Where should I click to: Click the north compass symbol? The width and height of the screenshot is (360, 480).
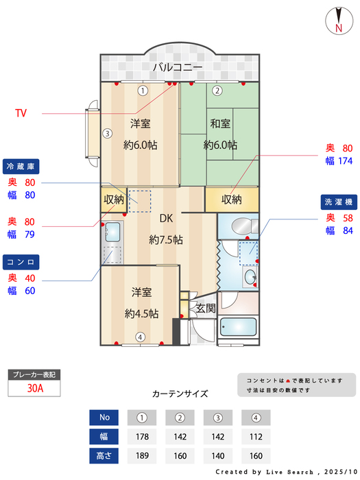click(338, 19)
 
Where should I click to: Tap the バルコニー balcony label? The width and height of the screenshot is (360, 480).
click(177, 67)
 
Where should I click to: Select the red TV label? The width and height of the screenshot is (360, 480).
click(21, 113)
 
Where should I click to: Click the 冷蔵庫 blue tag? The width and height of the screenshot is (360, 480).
click(21, 167)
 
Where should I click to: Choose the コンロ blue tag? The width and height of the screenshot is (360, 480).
click(21, 262)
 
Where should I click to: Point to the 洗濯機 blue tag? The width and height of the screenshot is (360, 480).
click(338, 202)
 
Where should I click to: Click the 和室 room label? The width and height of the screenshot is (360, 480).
click(220, 123)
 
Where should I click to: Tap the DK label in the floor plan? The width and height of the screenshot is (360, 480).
click(166, 219)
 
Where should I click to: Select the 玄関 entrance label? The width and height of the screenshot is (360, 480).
click(206, 309)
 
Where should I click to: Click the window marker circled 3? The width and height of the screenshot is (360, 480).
click(107, 134)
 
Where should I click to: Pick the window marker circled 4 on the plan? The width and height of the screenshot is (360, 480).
click(140, 337)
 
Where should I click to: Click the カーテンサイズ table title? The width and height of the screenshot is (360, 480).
click(180, 394)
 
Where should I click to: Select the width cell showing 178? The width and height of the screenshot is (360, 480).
click(143, 435)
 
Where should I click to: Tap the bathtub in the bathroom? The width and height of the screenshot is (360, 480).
click(239, 328)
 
